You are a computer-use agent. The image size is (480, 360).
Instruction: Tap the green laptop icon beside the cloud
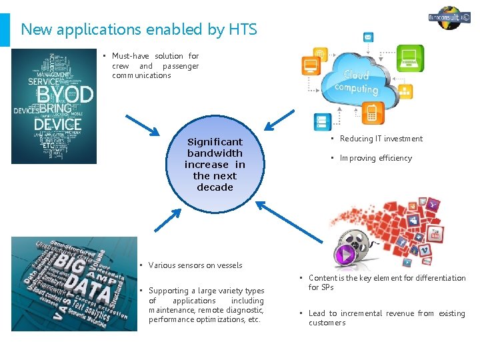pos(410,58)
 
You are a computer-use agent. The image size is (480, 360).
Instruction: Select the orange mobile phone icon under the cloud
pos(371,113)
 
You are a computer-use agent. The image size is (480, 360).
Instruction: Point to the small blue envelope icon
pos(367,37)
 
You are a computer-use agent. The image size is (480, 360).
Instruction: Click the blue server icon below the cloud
pos(323,121)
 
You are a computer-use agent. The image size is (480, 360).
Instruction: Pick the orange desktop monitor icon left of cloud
pos(311,66)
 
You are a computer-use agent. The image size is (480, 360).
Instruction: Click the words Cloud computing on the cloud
pos(356,83)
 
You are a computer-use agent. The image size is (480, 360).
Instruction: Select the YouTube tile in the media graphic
pos(436,235)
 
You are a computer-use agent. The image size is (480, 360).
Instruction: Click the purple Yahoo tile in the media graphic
pos(434,205)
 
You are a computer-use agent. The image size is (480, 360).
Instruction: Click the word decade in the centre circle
pos(215,187)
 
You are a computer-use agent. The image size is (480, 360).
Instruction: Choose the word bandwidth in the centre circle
pos(215,153)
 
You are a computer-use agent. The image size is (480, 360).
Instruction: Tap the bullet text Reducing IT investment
pos(381,139)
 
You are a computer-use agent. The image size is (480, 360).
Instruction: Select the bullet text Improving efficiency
pos(375,158)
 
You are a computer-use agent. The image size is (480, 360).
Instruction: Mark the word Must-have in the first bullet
pos(131,56)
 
